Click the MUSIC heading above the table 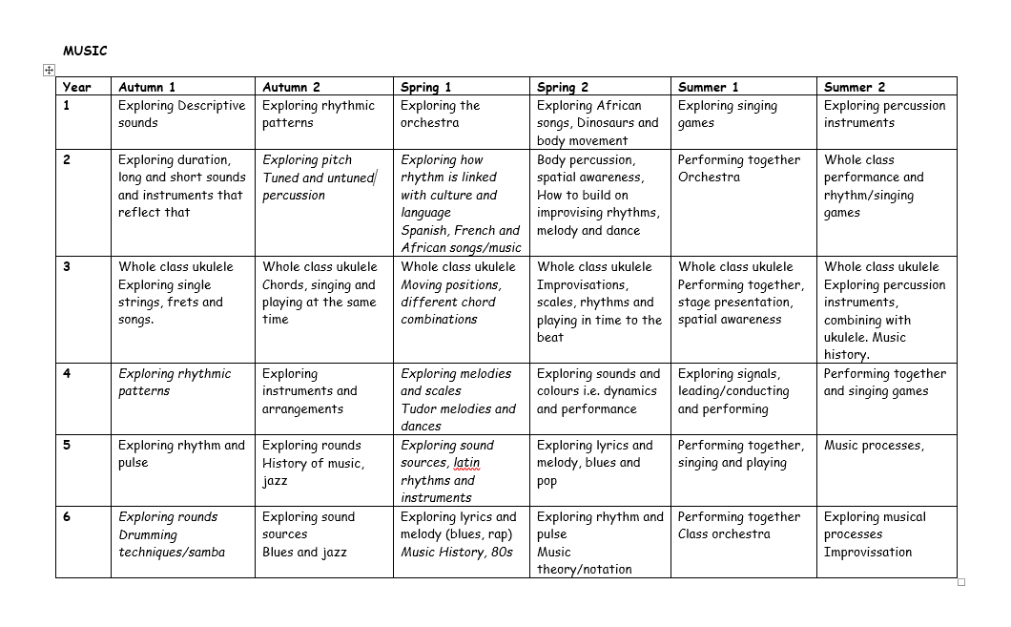[x=85, y=51]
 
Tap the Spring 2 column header [x=563, y=87]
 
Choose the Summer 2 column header [x=855, y=87]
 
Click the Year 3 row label [x=67, y=266]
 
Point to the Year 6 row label [x=67, y=516]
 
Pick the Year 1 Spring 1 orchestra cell [x=440, y=114]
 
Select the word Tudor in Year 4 [x=419, y=409]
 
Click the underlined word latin [x=466, y=463]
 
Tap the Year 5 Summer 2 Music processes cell [x=874, y=446]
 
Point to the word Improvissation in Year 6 [x=867, y=553]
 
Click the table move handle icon [x=49, y=70]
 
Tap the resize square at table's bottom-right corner [x=960, y=582]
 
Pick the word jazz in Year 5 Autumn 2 [x=276, y=481]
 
